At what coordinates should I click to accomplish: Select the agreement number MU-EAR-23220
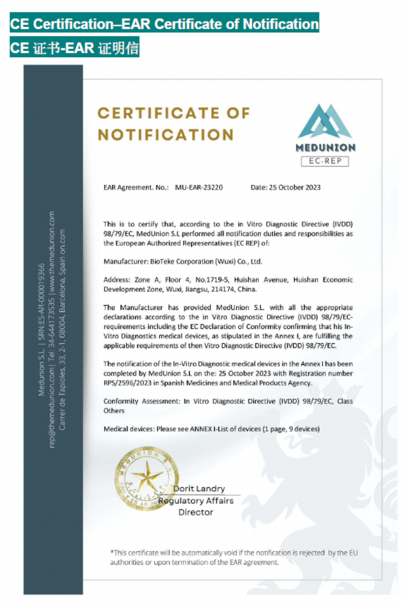tap(199, 188)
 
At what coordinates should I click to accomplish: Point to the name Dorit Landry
tap(199, 488)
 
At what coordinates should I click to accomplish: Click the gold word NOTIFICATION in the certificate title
tap(166, 134)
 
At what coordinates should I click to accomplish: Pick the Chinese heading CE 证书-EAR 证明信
tap(74, 48)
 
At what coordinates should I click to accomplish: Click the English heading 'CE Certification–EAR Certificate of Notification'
tap(164, 24)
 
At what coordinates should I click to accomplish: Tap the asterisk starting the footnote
tap(112, 552)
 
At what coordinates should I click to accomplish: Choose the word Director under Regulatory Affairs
tap(196, 512)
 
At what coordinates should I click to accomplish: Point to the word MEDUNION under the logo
tap(325, 147)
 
